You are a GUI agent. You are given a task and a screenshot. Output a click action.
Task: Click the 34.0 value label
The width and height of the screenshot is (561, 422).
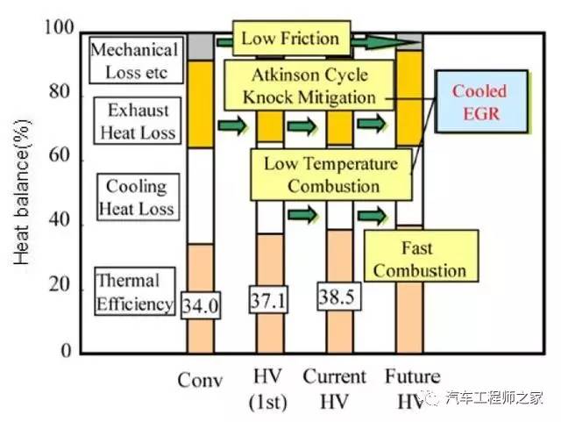(x=201, y=305)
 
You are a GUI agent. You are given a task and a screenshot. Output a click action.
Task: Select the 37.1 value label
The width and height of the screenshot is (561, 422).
(x=268, y=299)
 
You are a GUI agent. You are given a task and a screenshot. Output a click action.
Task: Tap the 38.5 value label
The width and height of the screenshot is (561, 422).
(x=339, y=297)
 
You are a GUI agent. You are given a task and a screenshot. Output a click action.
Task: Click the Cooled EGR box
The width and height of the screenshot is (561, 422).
(x=481, y=102)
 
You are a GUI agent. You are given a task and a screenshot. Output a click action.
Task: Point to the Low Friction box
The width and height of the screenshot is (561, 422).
(x=291, y=38)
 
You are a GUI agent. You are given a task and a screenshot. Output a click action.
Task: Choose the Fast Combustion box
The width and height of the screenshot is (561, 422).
(x=421, y=256)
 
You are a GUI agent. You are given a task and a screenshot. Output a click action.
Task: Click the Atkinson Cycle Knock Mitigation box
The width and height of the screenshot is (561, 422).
(x=309, y=85)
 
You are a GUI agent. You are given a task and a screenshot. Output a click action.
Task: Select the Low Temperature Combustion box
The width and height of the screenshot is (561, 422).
(x=331, y=175)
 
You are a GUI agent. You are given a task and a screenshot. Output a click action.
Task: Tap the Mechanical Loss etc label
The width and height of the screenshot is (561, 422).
(x=136, y=61)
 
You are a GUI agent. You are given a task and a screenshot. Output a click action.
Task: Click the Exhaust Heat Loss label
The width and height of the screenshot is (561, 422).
(x=138, y=121)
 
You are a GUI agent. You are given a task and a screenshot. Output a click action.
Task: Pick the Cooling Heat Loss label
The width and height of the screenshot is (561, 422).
(x=138, y=197)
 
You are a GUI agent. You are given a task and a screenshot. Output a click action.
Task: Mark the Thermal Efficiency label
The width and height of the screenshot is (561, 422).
(x=135, y=291)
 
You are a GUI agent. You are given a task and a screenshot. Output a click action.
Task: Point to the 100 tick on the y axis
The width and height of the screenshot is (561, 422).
(x=60, y=27)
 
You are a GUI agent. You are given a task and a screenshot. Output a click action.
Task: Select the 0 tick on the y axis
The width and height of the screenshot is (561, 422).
(x=67, y=349)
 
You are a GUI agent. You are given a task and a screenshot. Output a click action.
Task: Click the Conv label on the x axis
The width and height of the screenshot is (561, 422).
(x=200, y=380)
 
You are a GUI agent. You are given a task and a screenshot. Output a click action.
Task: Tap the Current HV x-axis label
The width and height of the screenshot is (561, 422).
(x=335, y=389)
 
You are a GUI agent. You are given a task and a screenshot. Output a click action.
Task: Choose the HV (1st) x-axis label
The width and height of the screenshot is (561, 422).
(x=268, y=389)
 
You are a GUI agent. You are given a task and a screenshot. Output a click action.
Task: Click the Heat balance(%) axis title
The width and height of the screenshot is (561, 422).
(x=22, y=192)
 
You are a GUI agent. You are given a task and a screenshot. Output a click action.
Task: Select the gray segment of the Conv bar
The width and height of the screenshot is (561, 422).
(x=201, y=46)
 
